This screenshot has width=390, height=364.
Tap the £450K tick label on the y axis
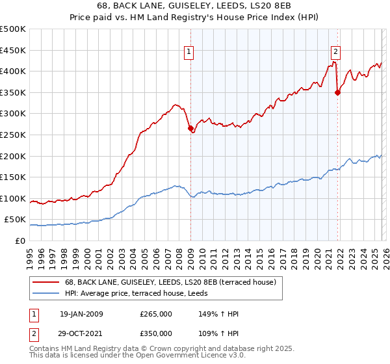point(12,50)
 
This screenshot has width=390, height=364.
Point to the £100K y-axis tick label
point(12,198)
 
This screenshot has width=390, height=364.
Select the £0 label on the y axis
point(19,240)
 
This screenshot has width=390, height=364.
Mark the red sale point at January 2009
point(191,129)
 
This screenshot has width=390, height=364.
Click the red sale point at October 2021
point(337,92)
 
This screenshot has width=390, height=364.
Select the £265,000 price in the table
point(156,314)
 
